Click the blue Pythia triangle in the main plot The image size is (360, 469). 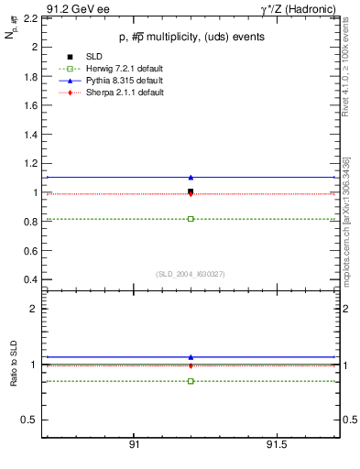click(x=191, y=177)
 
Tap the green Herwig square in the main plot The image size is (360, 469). click(x=191, y=219)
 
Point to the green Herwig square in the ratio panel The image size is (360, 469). click(x=191, y=381)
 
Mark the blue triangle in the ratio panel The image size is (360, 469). click(x=191, y=357)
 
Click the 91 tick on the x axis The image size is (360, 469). click(x=134, y=446)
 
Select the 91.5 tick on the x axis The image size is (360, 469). click(x=277, y=446)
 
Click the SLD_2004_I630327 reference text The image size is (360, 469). click(x=190, y=274)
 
